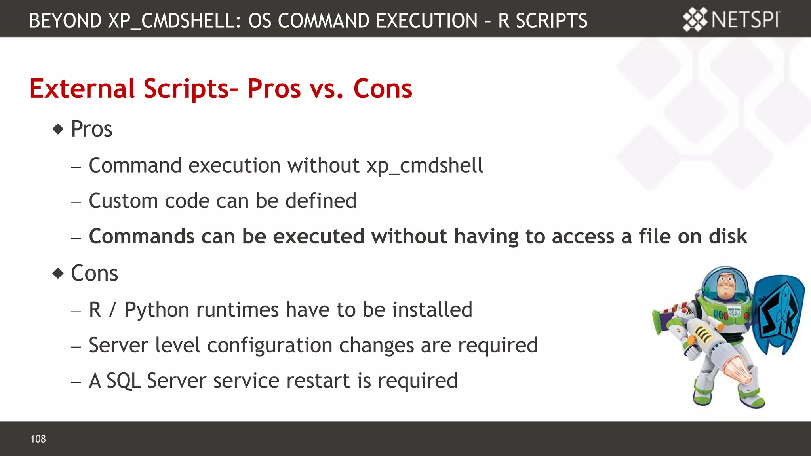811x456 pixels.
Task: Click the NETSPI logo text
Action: click(745, 19)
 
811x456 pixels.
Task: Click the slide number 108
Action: click(38, 439)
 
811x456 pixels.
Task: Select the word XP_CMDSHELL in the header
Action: click(174, 21)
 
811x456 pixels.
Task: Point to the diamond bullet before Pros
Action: click(58, 129)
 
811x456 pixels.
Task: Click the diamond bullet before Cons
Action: click(58, 273)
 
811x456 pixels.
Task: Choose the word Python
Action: click(157, 310)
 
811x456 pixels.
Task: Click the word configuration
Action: click(269, 345)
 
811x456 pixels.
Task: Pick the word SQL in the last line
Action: click(124, 381)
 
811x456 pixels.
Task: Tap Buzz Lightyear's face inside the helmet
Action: click(725, 284)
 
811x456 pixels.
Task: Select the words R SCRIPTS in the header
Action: click(543, 21)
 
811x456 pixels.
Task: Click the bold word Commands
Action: click(141, 236)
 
